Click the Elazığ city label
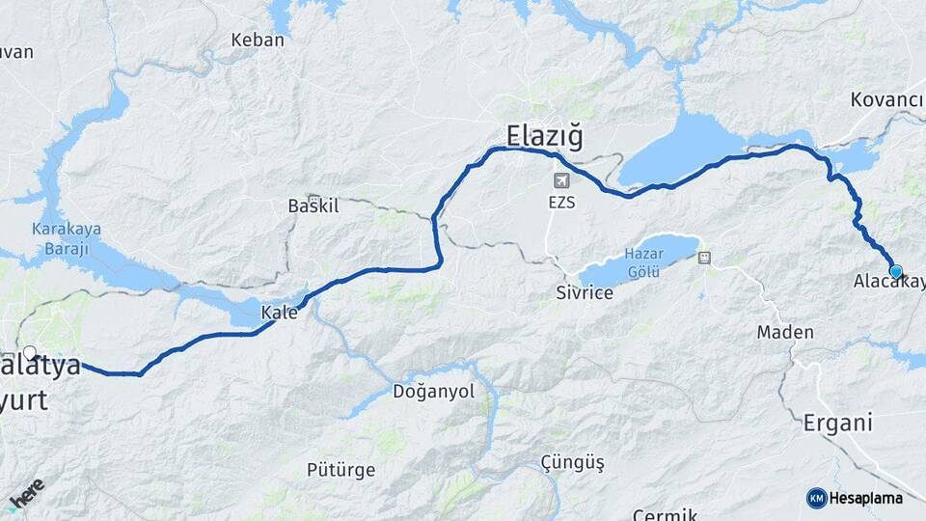545,136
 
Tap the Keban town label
258,41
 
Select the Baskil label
314,206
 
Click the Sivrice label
585,292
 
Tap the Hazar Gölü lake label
643,260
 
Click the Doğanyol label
434,391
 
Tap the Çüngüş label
573,463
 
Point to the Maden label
785,332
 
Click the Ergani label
837,423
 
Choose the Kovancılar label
887,99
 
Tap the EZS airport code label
561,205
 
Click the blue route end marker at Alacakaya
896,272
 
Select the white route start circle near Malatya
30,353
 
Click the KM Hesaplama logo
855,498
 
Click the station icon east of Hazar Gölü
704,258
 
